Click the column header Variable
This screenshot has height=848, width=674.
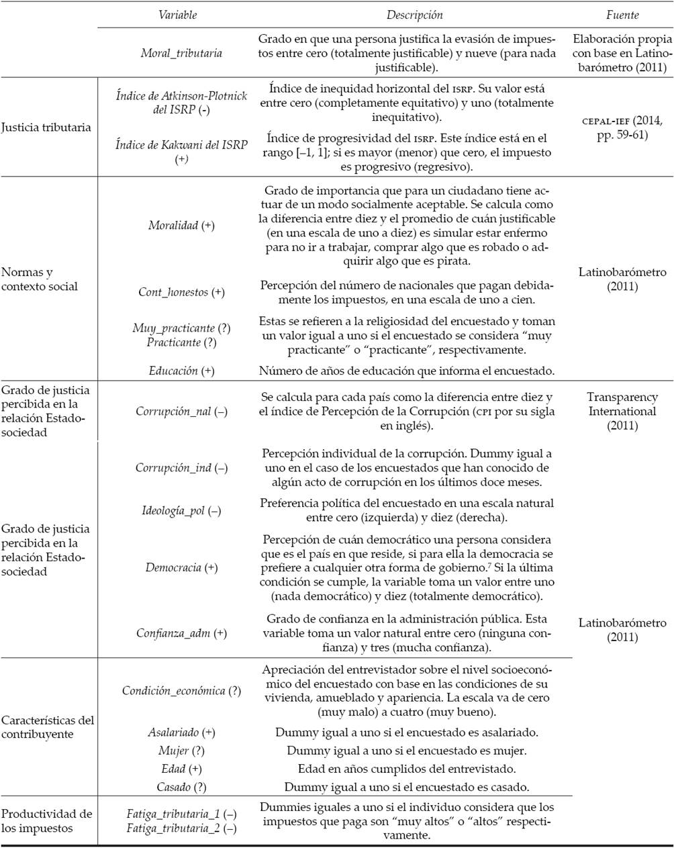point(178,15)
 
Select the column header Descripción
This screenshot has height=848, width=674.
point(414,15)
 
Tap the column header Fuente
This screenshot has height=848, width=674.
point(622,15)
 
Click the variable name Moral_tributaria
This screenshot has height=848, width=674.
point(177,53)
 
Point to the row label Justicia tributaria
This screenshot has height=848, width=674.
point(46,128)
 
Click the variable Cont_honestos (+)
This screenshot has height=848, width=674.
point(181,292)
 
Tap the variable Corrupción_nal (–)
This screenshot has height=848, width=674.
point(181,412)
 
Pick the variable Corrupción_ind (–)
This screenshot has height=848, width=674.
point(181,467)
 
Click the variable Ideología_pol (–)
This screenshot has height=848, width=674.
point(181,511)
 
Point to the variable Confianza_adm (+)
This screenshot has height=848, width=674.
point(181,632)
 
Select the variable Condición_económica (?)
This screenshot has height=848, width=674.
point(181,690)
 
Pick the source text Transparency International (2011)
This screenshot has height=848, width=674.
point(622,411)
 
